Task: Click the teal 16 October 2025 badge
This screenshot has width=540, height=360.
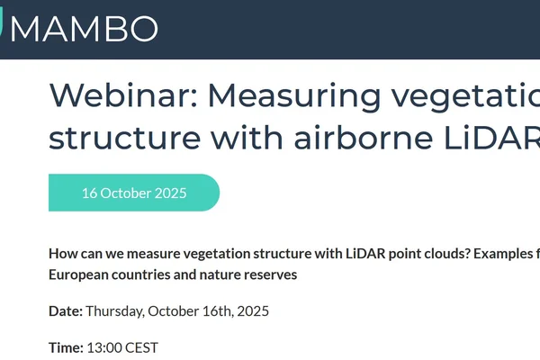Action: (133, 193)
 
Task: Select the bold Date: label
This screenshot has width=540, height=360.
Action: (66, 310)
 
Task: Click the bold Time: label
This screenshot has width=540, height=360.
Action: (66, 346)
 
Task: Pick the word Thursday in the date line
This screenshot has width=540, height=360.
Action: (114, 310)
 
